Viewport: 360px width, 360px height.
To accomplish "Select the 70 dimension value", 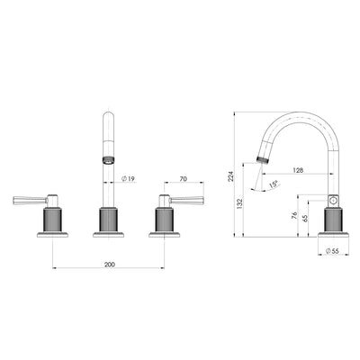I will pyautogui.click(x=183, y=180).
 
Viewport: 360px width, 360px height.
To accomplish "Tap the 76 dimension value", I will pyautogui.click(x=294, y=215).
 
